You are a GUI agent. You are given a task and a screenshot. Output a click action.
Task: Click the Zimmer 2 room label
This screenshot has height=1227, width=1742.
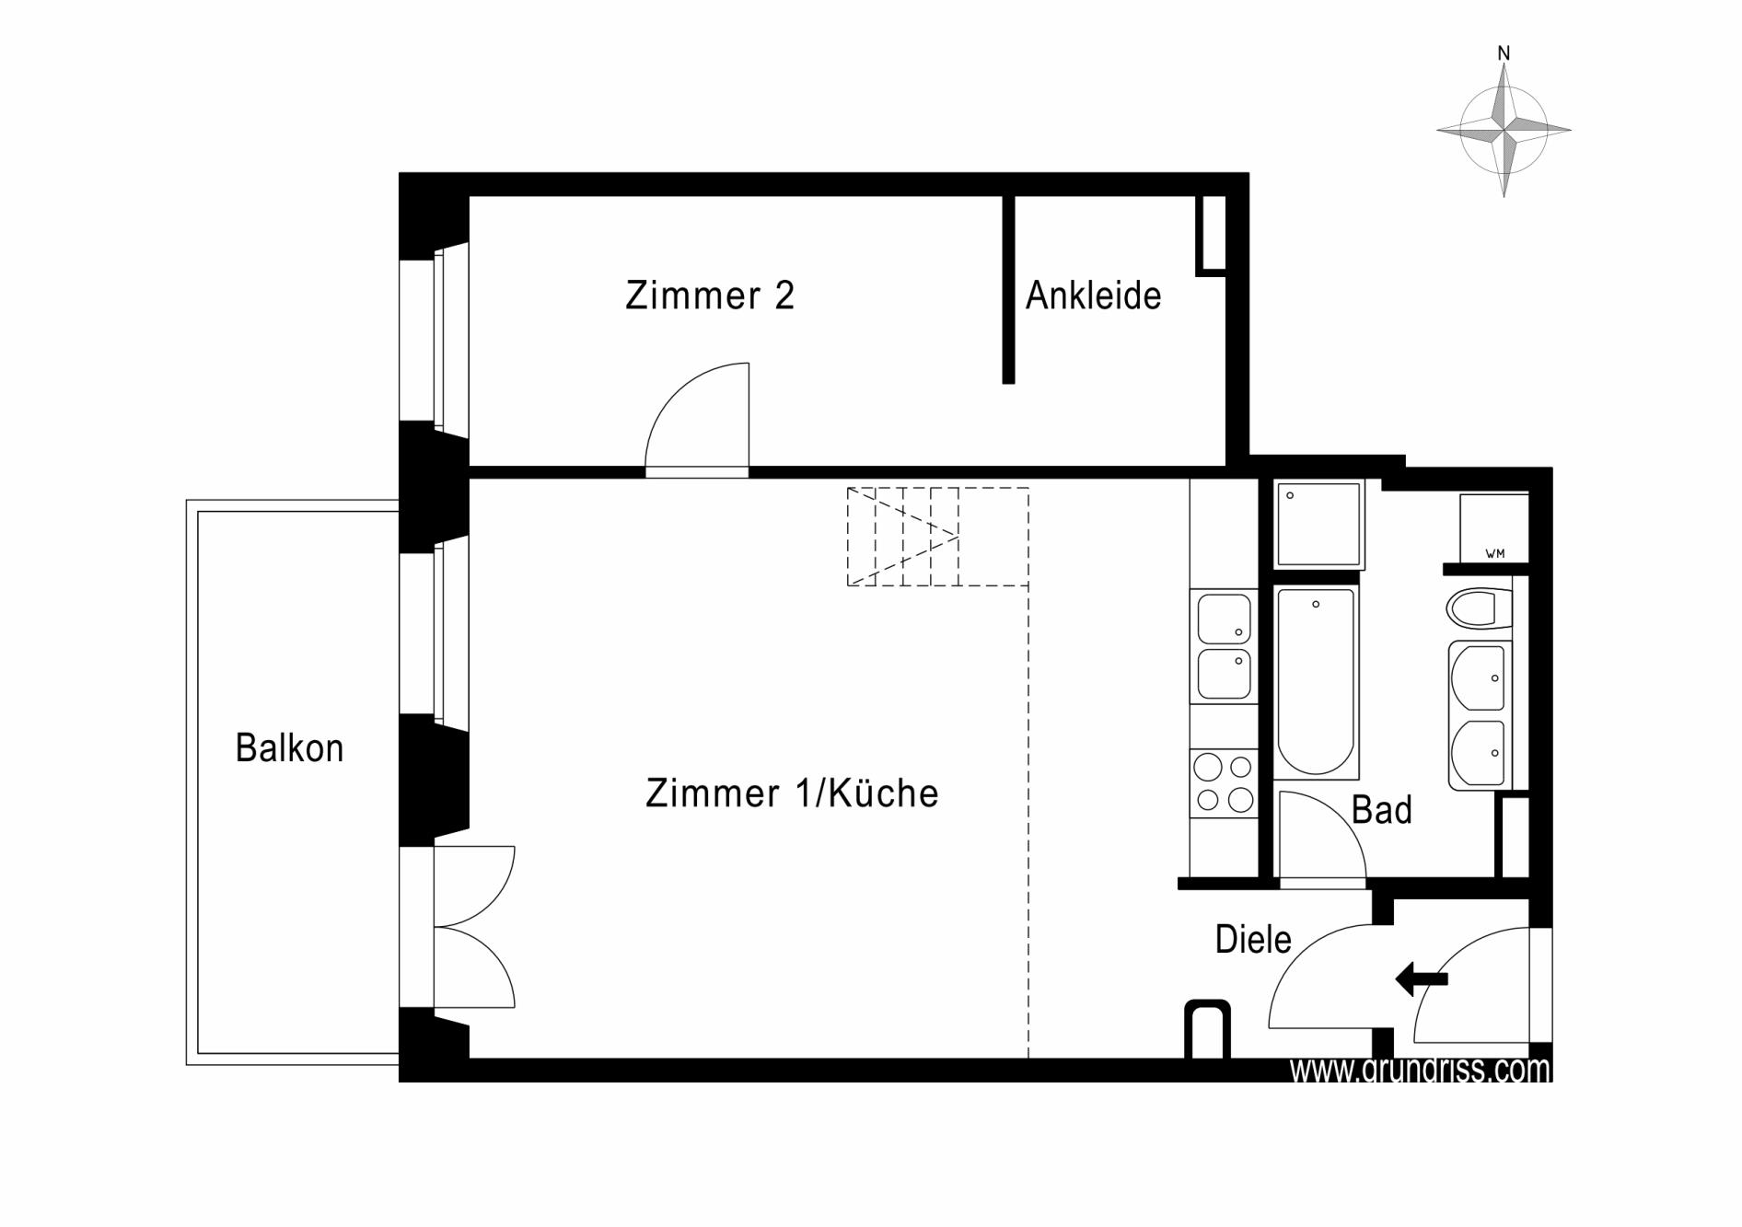709,295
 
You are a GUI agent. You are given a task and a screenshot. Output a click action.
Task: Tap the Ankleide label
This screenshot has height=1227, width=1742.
1093,295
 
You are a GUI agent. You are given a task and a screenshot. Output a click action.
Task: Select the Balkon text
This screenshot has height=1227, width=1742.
289,747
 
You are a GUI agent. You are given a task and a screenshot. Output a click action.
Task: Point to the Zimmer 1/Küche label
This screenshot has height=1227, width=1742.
792,793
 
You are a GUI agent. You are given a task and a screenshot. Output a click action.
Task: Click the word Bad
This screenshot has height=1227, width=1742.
1381,810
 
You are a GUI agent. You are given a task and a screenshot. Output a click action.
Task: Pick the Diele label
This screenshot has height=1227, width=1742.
1253,939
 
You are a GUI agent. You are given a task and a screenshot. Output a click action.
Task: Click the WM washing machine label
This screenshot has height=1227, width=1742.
1495,553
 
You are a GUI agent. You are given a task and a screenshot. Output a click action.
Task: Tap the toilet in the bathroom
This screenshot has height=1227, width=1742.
1480,608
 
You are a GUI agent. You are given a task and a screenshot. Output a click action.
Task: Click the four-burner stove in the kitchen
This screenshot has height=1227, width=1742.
1224,783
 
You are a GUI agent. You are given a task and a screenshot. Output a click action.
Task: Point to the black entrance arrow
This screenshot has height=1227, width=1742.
1422,978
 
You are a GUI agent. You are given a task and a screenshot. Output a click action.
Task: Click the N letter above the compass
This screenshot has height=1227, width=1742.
1504,54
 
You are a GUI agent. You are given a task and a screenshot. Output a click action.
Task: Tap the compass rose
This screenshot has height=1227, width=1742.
1504,130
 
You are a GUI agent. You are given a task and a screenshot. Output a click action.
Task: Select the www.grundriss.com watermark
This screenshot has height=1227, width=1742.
1420,1070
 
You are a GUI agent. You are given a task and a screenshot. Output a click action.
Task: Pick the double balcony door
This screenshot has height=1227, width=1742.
474,927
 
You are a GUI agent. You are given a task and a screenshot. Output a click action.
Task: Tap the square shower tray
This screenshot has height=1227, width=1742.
1318,524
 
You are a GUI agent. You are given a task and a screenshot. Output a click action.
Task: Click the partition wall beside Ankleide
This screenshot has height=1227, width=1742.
1008,289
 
